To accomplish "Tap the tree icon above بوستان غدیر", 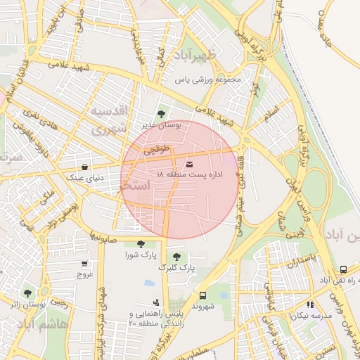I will (x=162, y=113).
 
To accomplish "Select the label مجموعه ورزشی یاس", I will (x=208, y=79).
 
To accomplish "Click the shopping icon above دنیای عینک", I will (x=85, y=167).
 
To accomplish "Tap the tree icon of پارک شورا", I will (x=141, y=243).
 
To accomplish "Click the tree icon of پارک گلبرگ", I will (x=176, y=257).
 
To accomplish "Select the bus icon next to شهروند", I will (x=202, y=295).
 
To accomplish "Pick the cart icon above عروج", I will (x=84, y=264).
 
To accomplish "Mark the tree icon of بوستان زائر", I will (x=27, y=293).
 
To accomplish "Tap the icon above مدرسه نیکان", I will (x=310, y=305).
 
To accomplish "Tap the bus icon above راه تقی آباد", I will (x=342, y=269).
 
